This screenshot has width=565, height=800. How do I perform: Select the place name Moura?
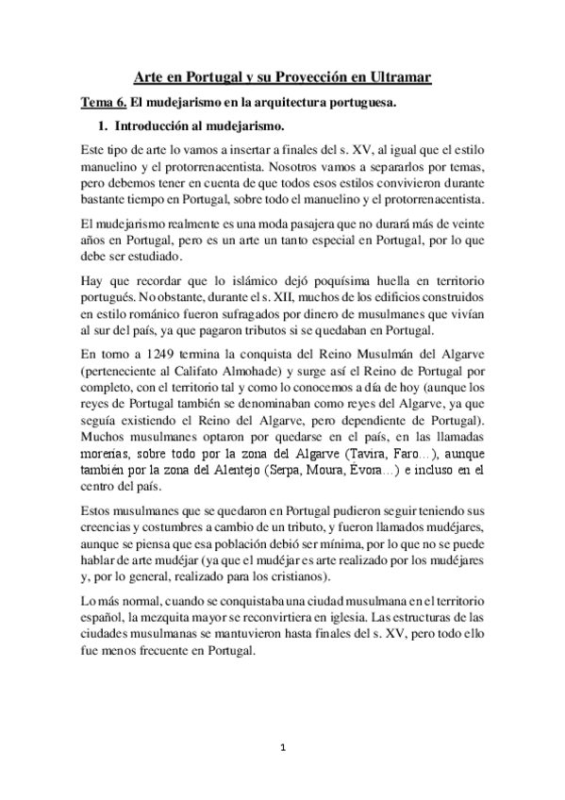(x=350, y=470)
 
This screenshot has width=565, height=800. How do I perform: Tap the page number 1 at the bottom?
(x=282, y=748)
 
